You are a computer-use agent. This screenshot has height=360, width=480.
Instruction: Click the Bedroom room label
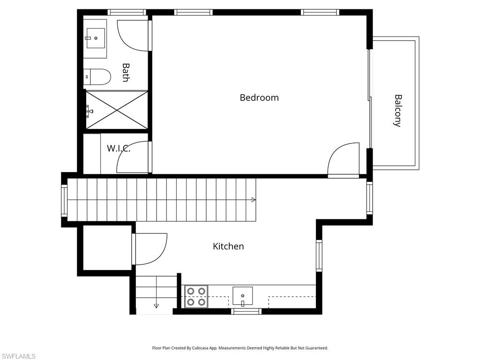259,97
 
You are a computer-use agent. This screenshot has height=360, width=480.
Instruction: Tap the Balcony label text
397,111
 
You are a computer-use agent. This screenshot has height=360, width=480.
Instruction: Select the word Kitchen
228,246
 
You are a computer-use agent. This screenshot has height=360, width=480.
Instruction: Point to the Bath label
125,73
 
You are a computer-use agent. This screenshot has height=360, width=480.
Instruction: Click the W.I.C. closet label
118,149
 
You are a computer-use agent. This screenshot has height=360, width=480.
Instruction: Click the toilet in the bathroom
97,76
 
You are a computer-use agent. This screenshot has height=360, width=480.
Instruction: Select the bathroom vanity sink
95,38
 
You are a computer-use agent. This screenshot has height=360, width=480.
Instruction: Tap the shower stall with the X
117,110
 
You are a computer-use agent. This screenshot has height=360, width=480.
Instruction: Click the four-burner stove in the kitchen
196,297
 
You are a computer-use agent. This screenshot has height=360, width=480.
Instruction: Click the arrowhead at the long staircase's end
254,200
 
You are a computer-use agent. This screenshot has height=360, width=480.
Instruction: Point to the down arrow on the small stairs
156,305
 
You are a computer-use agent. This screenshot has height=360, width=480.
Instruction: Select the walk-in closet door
134,157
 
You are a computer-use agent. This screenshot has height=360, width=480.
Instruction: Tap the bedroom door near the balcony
344,159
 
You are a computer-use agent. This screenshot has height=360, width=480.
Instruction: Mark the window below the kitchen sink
247,311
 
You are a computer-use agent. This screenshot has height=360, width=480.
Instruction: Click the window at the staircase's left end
64,200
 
